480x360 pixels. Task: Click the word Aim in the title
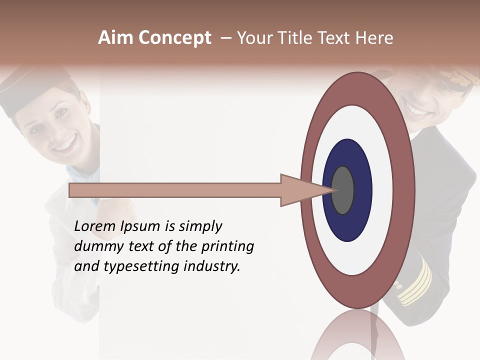click(x=115, y=38)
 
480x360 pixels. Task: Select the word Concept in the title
click(x=174, y=38)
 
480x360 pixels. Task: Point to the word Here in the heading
click(x=373, y=38)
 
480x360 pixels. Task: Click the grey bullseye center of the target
click(x=342, y=190)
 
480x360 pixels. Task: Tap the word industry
click(x=212, y=266)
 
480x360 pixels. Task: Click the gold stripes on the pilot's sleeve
click(x=416, y=282)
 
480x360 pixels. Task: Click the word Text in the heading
click(x=337, y=38)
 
